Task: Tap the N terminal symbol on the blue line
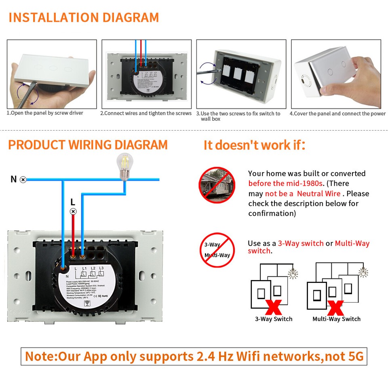pyautogui.click(x=23, y=179)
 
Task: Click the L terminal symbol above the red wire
pyautogui.click(x=73, y=211)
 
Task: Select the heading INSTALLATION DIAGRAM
pyautogui.click(x=83, y=17)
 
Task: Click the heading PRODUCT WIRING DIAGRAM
pyautogui.click(x=88, y=145)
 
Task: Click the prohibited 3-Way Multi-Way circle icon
pyautogui.click(x=217, y=249)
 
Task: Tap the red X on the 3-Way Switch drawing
pyautogui.click(x=274, y=306)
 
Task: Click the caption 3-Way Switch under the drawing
pyautogui.click(x=274, y=319)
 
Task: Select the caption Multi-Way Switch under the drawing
pyautogui.click(x=336, y=319)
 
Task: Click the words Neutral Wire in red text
pyautogui.click(x=318, y=194)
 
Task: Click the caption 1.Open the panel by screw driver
pyautogui.click(x=45, y=113)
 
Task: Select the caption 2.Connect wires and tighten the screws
pyautogui.click(x=146, y=113)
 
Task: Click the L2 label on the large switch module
pyautogui.click(x=93, y=269)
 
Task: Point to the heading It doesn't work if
pyautogui.click(x=254, y=145)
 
